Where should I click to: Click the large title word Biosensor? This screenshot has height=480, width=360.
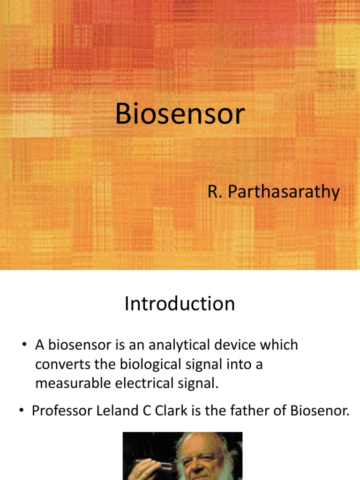(x=180, y=114)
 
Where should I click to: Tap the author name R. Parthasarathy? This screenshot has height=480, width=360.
(x=274, y=192)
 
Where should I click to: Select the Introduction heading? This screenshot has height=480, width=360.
(x=180, y=304)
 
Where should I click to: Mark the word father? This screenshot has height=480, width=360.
(x=245, y=412)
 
